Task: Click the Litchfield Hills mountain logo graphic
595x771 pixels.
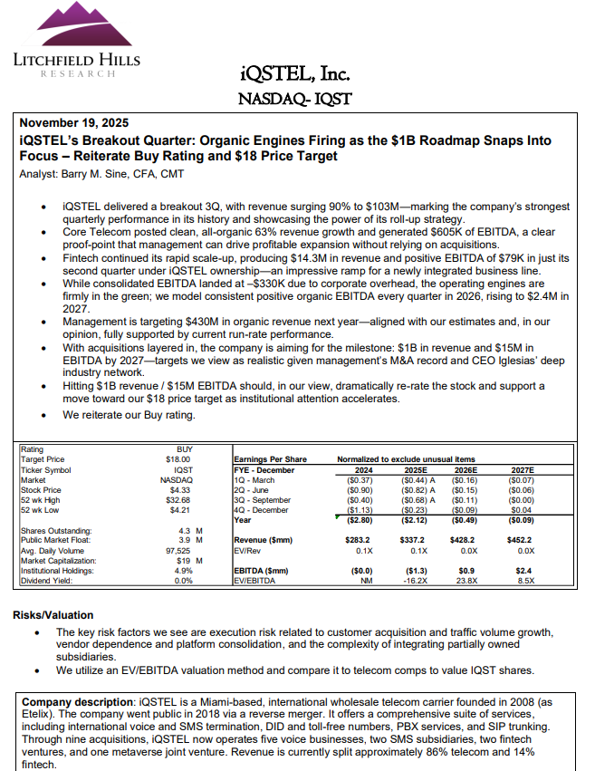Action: pos(62,28)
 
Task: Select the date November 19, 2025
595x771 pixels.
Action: pos(74,123)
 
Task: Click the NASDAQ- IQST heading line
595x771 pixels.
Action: pos(294,98)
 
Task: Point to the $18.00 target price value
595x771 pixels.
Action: pos(178,459)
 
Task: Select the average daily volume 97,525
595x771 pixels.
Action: pos(177,551)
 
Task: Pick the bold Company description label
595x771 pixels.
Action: pos(76,702)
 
